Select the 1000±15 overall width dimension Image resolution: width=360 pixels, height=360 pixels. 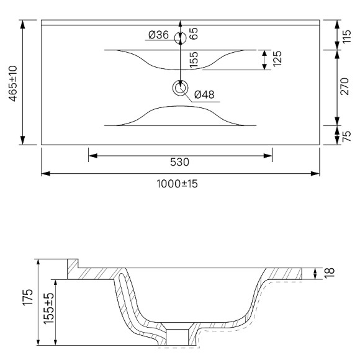180,184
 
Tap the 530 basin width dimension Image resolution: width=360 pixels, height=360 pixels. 179,163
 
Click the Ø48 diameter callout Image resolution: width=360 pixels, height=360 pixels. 204,94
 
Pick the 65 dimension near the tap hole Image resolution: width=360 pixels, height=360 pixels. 194,34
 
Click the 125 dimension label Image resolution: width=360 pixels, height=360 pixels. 277,60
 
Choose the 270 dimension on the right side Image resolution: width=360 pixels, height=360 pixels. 348,88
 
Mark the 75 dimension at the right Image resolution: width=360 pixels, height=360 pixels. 348,135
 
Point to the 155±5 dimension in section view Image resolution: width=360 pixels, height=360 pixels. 48,312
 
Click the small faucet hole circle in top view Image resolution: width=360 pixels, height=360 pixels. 180,38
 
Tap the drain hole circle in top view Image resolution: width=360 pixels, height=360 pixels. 180,89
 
